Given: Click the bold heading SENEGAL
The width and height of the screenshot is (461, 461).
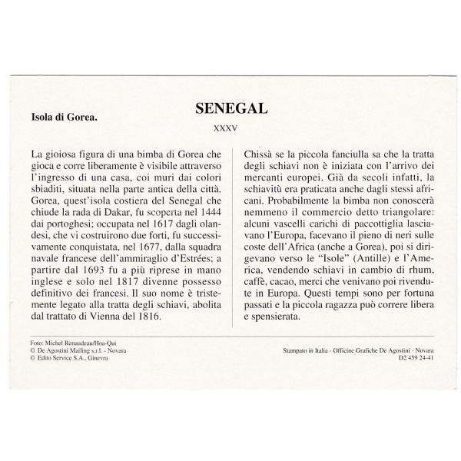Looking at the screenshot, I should click(230, 106).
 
